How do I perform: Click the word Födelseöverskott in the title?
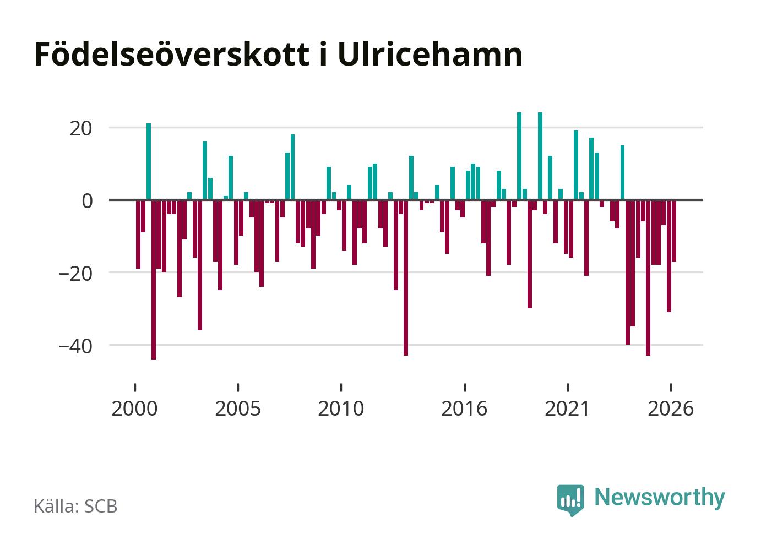click(172, 55)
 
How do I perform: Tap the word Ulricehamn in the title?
click(430, 55)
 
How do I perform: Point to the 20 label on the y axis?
click(81, 129)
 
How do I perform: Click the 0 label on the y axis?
click(88, 201)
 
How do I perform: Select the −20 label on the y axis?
click(75, 274)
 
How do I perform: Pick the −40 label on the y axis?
click(75, 346)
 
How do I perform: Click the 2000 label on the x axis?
click(134, 409)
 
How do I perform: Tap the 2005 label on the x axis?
click(238, 409)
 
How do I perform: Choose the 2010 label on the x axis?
click(341, 409)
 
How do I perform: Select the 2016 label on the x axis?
click(464, 409)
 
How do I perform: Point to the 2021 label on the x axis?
click(567, 409)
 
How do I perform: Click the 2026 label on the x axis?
click(671, 409)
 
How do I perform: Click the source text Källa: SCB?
click(75, 506)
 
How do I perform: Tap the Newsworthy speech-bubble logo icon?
click(570, 500)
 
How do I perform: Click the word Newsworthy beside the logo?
click(660, 498)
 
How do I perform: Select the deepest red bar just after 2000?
click(154, 280)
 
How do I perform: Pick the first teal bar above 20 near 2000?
click(149, 161)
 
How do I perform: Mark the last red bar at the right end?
click(674, 231)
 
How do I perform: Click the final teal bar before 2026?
click(622, 172)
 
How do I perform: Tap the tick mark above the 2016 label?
click(465, 388)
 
